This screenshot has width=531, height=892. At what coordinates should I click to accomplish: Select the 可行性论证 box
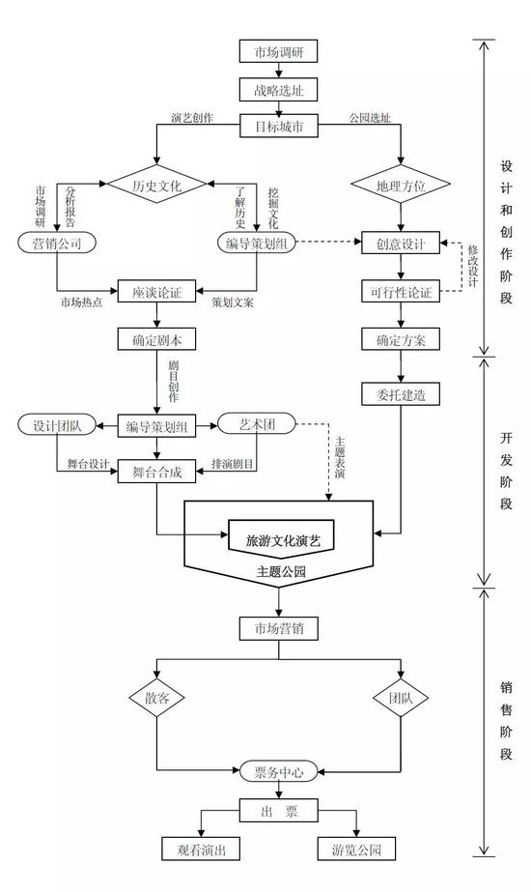[401, 290]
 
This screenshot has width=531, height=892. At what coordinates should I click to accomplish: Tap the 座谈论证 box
[157, 290]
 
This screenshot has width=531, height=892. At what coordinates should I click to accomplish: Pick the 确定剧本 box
[157, 339]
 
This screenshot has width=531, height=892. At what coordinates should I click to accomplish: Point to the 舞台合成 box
[157, 472]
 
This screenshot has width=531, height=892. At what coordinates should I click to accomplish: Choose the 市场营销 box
[278, 629]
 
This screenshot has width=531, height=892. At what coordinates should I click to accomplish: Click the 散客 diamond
[157, 697]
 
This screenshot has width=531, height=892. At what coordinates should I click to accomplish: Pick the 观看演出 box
[200, 849]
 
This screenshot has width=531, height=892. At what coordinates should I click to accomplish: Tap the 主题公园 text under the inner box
[280, 573]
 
